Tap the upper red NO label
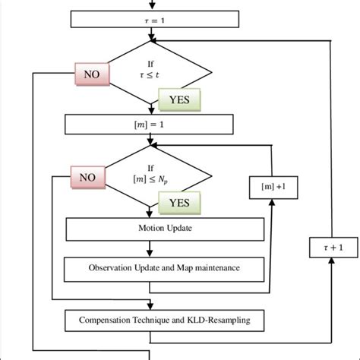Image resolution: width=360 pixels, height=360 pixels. coord(92,74)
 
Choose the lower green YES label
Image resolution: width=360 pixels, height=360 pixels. coord(180,204)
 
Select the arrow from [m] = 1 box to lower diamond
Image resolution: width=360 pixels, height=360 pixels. coord(154,140)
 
